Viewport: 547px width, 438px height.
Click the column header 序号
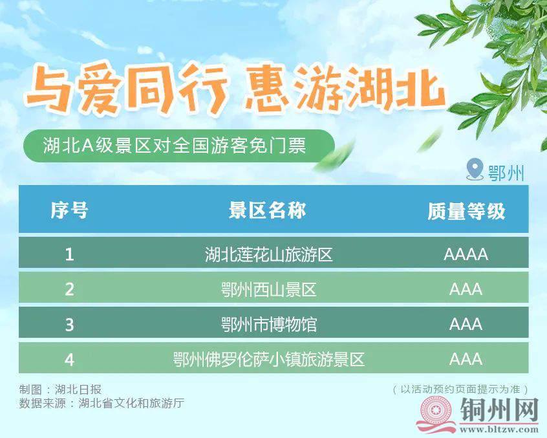click(69, 210)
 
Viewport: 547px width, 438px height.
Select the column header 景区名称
click(268, 210)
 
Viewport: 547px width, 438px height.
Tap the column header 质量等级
click(466, 211)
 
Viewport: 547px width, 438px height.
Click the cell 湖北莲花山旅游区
click(268, 254)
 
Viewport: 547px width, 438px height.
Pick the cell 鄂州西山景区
click(268, 289)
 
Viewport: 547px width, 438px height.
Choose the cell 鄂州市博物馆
click(268, 324)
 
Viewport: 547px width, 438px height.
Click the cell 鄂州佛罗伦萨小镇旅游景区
click(268, 359)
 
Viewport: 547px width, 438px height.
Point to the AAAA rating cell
click(466, 254)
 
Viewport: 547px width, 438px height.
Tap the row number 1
click(69, 254)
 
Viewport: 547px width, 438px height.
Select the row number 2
click(69, 289)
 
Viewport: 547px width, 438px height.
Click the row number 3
click(69, 325)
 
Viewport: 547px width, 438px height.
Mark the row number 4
click(69, 360)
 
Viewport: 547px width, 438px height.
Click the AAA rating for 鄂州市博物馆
click(466, 325)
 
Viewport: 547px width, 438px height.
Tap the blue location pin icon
click(475, 170)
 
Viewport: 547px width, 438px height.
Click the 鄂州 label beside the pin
click(506, 172)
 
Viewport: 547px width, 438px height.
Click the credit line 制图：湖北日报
click(60, 389)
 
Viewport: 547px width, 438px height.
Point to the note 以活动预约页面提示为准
click(460, 389)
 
